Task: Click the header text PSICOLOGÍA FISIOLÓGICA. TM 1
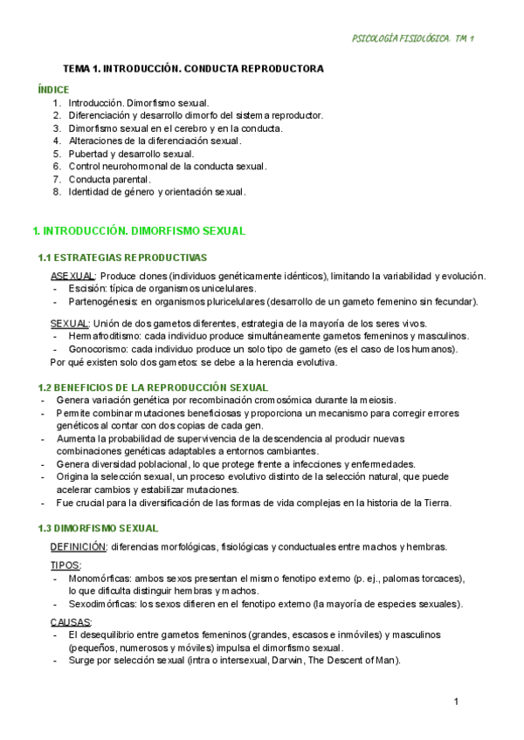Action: pyautogui.click(x=411, y=38)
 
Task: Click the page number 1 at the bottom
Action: pyautogui.click(x=457, y=702)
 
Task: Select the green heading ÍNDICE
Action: pyautogui.click(x=54, y=90)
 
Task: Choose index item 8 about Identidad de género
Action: pyautogui.click(x=157, y=191)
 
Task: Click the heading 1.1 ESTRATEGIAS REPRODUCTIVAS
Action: pyautogui.click(x=122, y=257)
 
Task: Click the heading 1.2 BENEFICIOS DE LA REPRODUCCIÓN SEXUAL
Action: pyautogui.click(x=153, y=387)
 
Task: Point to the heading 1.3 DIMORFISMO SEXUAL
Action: pyautogui.click(x=98, y=528)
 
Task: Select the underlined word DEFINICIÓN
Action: pyautogui.click(x=79, y=547)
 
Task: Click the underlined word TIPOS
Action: pyautogui.click(x=65, y=566)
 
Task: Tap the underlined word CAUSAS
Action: pyautogui.click(x=71, y=622)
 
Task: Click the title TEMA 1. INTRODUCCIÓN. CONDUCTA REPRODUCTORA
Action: pyautogui.click(x=193, y=68)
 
